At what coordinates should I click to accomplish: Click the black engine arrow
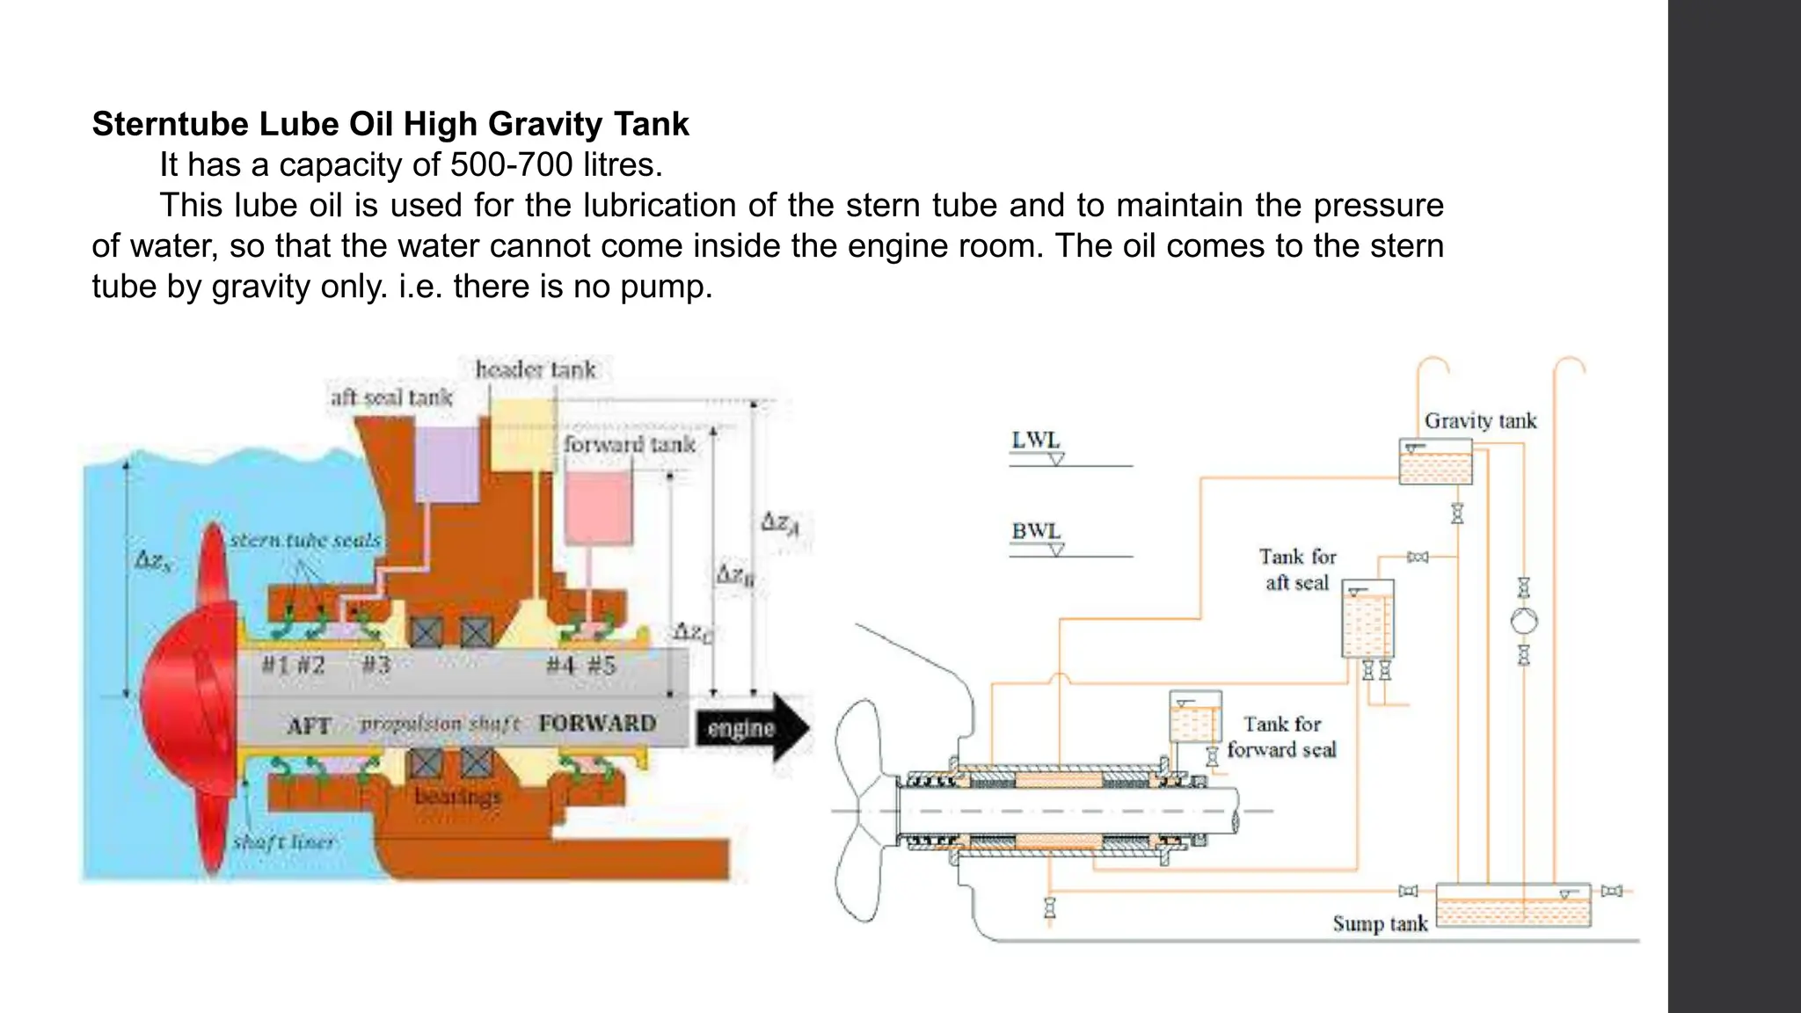(x=752, y=728)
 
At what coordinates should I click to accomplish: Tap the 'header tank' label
(x=536, y=369)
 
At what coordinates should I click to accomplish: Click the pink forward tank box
(x=598, y=507)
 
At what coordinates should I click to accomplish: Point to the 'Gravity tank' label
(x=1480, y=421)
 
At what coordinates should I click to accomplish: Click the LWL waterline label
(x=1036, y=441)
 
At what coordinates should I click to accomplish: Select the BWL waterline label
(x=1036, y=531)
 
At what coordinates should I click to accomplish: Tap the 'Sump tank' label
(x=1379, y=923)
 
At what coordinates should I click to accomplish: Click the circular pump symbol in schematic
(x=1524, y=621)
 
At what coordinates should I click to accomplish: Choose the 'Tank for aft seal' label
(x=1297, y=570)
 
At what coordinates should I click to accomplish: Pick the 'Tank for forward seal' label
(x=1281, y=737)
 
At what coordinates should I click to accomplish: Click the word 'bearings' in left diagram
(x=457, y=797)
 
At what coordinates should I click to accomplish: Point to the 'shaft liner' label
(x=283, y=842)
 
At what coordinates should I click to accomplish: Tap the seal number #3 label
(x=376, y=665)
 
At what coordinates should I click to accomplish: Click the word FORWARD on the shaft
(x=597, y=723)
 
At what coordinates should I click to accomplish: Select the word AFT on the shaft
(x=309, y=726)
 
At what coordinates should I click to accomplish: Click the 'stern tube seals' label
(x=305, y=540)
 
